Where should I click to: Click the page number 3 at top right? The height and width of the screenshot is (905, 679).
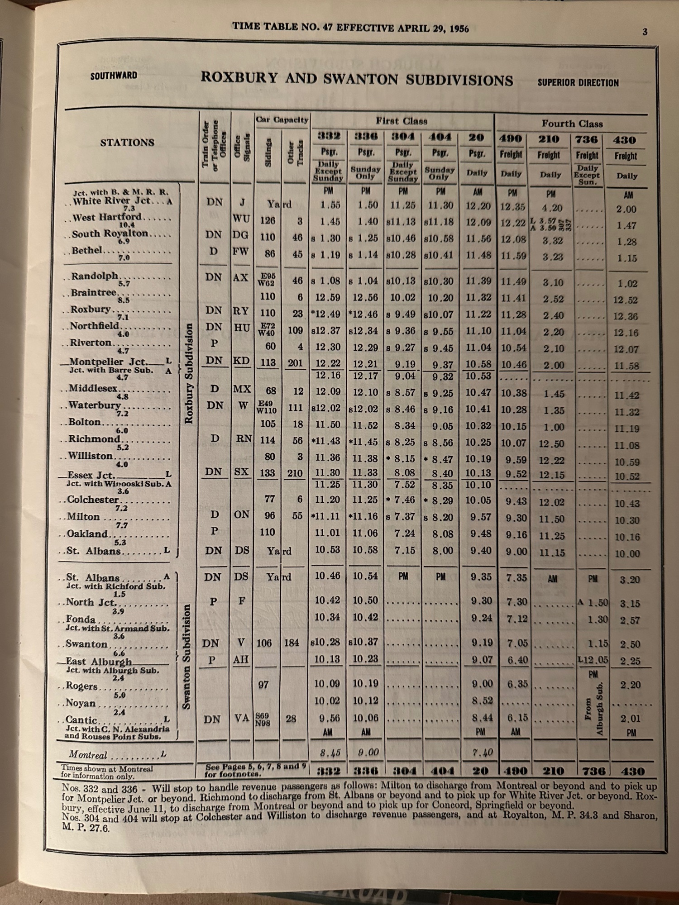(645, 32)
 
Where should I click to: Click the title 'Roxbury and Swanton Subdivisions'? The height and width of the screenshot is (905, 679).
(357, 79)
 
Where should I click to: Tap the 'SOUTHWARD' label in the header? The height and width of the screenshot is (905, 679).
(114, 76)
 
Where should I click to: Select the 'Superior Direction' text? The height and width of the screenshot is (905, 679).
(578, 83)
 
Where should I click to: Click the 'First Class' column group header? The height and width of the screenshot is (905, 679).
(402, 121)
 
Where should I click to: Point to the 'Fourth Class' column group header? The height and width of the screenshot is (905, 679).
(572, 124)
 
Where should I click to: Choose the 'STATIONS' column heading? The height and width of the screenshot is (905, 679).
(127, 143)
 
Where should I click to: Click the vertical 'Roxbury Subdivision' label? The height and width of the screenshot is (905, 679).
(189, 373)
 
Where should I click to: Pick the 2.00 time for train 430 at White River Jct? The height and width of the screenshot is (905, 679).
(626, 209)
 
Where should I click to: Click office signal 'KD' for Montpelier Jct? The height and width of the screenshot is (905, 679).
(241, 361)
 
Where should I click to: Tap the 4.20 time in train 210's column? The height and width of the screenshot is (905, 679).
(552, 208)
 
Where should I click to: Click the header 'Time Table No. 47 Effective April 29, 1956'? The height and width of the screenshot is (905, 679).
(350, 28)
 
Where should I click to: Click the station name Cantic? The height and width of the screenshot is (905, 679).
(81, 719)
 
